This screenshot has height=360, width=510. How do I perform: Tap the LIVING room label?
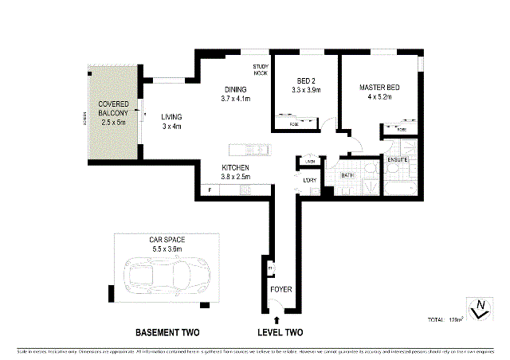pyautogui.click(x=171, y=121)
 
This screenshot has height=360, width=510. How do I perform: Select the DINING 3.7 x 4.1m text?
pyautogui.click(x=236, y=95)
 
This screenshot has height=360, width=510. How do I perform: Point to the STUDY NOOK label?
pyautogui.click(x=261, y=69)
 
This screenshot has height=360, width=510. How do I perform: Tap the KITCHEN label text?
pyautogui.click(x=236, y=172)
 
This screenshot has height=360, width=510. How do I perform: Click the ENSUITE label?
pyautogui.click(x=398, y=160)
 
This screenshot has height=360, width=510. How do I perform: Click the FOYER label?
pyautogui.click(x=281, y=289)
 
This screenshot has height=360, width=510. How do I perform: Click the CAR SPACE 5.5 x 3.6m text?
pyautogui.click(x=167, y=245)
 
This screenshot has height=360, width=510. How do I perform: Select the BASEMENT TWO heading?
pyautogui.click(x=167, y=332)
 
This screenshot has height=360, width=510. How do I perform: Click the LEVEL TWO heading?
pyautogui.click(x=280, y=332)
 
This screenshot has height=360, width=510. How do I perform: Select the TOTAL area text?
pyautogui.click(x=445, y=319)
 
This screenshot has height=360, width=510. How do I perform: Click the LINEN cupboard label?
pyautogui.click(x=310, y=162)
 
